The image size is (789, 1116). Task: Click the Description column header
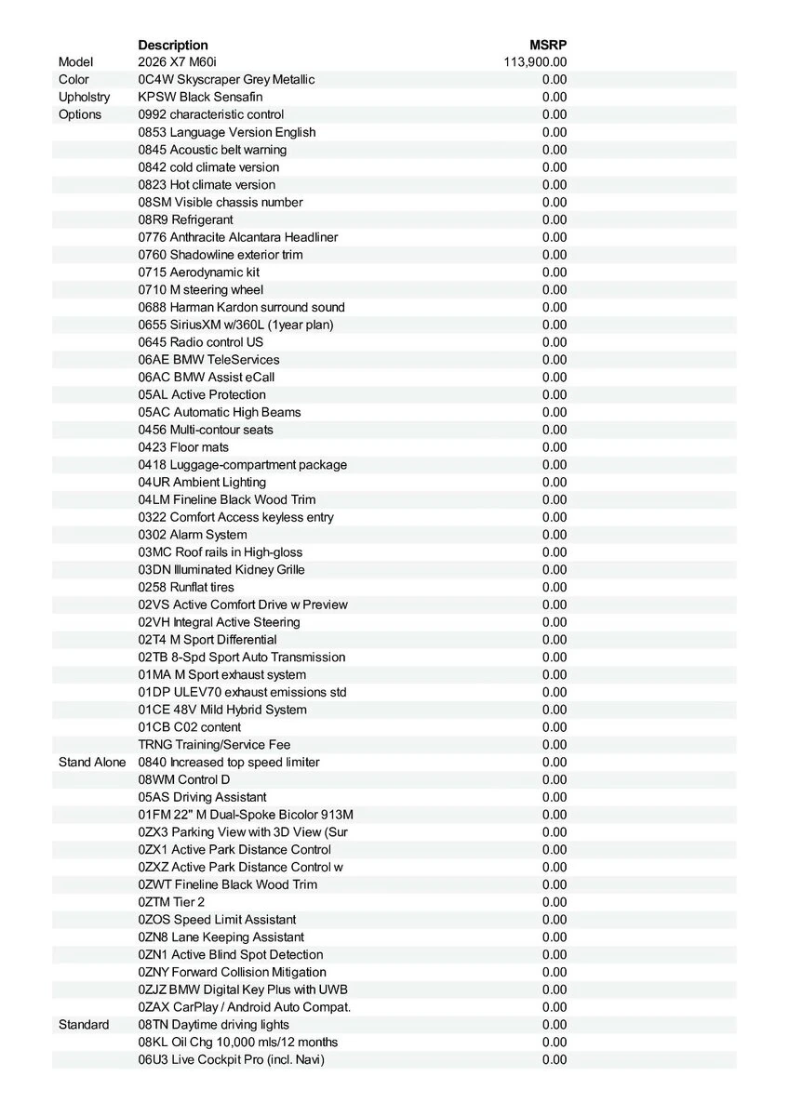[x=173, y=45]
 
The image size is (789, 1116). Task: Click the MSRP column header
[x=548, y=45]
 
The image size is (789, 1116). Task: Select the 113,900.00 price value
[x=535, y=62]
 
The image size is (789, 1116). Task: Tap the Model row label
[x=75, y=62]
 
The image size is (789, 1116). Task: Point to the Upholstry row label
[x=84, y=98]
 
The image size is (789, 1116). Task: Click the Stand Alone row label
[x=92, y=763]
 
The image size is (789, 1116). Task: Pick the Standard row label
[x=84, y=1025]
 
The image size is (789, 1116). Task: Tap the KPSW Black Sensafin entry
[x=200, y=98]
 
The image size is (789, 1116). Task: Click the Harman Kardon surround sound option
[x=241, y=308]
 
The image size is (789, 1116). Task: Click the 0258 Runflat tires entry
[x=186, y=588]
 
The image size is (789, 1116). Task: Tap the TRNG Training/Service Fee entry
[x=214, y=745]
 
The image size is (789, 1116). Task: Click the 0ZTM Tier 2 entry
[x=171, y=902]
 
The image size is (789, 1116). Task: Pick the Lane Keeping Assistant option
[x=221, y=937]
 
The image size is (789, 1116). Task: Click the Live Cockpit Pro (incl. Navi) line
[x=231, y=1060]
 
